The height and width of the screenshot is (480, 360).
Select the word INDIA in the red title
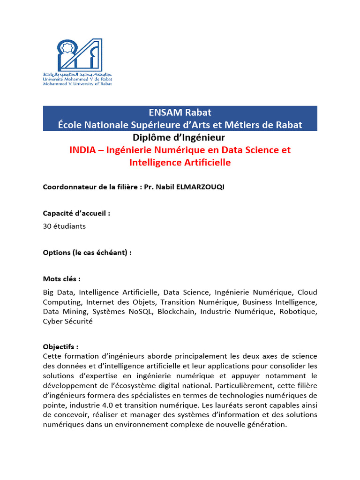[x=82, y=150]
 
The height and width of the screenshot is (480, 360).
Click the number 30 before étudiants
[x=47, y=226]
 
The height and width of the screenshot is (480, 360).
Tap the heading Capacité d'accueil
[x=76, y=213]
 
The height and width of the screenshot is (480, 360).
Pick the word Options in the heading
[x=56, y=253]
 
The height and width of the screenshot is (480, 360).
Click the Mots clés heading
[x=61, y=279]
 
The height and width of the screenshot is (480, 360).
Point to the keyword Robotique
[x=300, y=312]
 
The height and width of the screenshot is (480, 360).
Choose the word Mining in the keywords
[x=75, y=312]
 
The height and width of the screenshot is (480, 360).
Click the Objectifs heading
[x=60, y=347]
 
